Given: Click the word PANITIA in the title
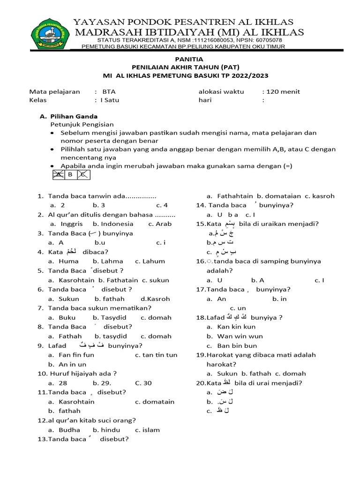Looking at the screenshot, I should tap(189, 59).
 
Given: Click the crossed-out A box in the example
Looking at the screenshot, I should tap(59, 175).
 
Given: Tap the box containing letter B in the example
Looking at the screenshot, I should tap(70, 175).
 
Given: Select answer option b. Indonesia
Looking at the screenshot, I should tap(110, 224).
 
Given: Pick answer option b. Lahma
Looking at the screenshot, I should tap(108, 261).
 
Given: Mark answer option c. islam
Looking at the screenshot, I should tap(147, 429).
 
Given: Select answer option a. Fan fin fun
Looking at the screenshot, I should tap(71, 355).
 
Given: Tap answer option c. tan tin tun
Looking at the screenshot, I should tap(156, 355).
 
